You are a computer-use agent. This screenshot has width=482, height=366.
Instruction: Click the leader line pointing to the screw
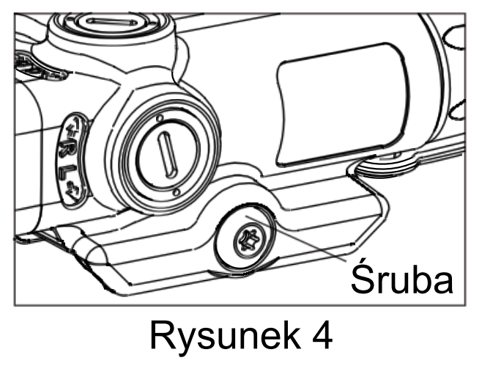308,241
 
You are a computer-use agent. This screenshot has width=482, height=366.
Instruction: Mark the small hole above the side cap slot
160,117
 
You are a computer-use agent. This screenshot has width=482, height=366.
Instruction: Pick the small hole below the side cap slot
177,193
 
